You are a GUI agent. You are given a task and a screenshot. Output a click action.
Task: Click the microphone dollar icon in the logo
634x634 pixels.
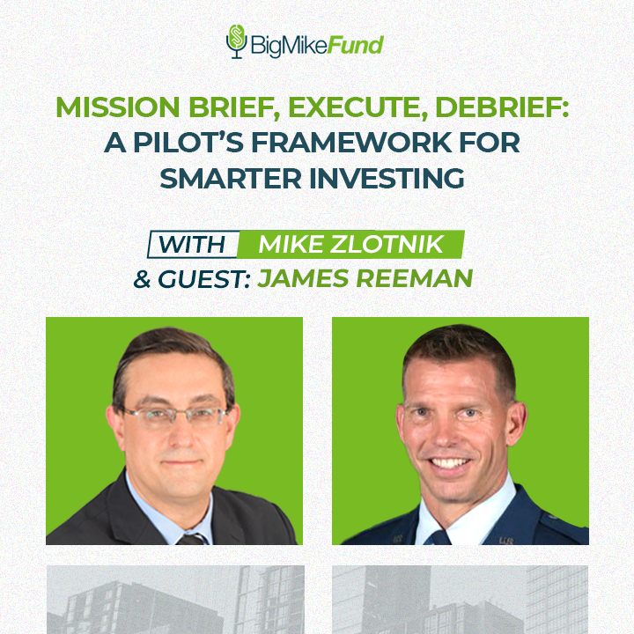235,41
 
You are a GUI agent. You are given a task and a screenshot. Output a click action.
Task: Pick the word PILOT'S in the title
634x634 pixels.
185,144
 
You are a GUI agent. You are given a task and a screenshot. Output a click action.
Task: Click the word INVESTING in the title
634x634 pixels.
391,178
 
